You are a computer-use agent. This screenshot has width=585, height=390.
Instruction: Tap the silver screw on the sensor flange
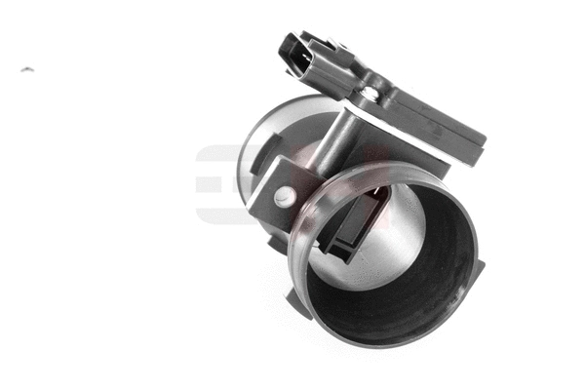370,94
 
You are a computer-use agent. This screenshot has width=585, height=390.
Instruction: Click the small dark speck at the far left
26,70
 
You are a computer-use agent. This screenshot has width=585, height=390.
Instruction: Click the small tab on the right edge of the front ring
479,264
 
